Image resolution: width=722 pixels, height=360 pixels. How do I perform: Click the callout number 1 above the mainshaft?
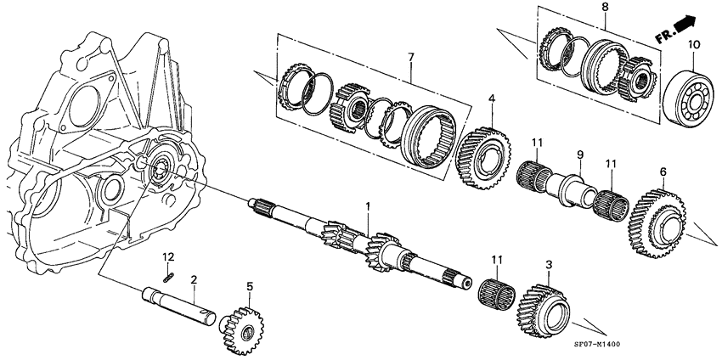tap(368, 206)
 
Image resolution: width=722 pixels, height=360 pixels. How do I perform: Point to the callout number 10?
tap(693, 43)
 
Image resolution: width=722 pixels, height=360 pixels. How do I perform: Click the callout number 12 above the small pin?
tap(168, 256)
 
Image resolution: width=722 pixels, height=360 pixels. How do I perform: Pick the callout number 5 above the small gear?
tap(249, 286)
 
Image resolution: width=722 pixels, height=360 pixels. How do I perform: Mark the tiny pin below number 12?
tap(169, 273)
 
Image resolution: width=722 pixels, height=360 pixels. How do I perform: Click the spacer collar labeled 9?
tap(572, 185)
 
